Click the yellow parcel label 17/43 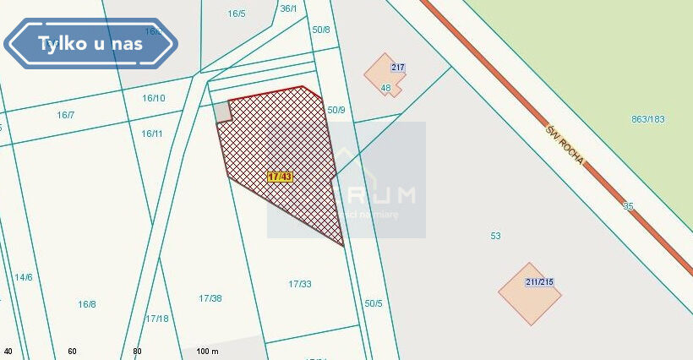click(279, 177)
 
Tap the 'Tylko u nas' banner click(90, 43)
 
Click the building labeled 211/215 click(530, 294)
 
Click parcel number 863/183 click(648, 119)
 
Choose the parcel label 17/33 click(299, 284)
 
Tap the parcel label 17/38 click(210, 298)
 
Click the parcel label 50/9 click(336, 110)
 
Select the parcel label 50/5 click(374, 303)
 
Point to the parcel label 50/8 click(321, 30)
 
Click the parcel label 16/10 click(153, 98)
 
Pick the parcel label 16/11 click(152, 134)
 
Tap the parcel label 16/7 click(66, 115)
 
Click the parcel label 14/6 click(23, 277)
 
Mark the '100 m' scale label click(207, 351)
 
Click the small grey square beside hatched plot click(221, 112)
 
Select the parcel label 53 click(495, 236)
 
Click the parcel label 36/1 click(288, 8)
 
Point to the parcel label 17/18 click(157, 319)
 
